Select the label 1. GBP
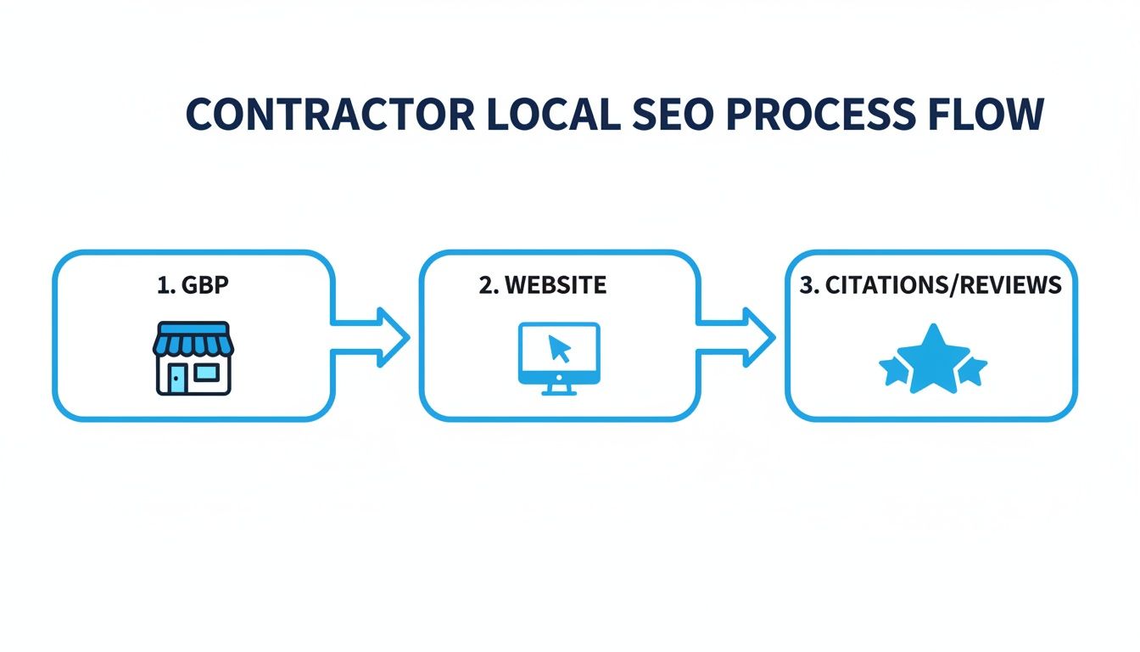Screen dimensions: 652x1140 193,285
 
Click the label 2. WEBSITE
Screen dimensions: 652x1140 543,285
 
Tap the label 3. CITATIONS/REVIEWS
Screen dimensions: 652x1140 930,285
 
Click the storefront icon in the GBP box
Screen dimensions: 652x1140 193,358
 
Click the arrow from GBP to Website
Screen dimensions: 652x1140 373,338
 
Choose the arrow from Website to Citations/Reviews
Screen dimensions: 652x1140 738,338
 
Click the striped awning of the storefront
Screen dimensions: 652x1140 193,340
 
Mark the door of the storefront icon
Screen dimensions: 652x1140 176,379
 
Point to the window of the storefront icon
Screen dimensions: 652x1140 205,374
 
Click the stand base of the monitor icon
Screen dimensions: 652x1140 558,391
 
